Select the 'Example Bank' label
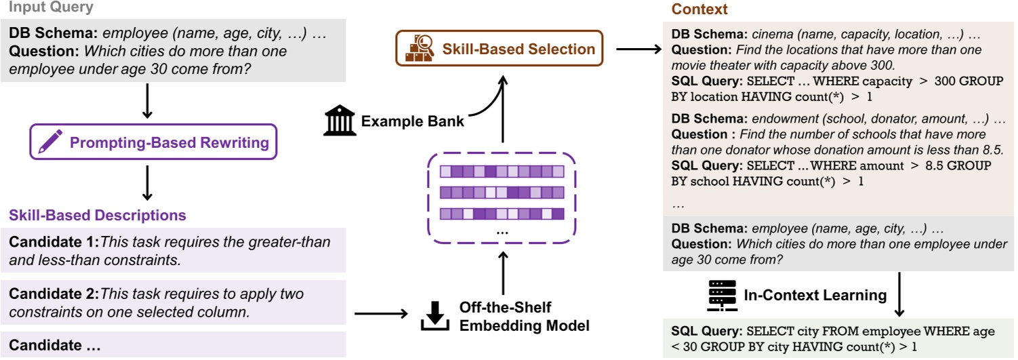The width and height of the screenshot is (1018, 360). coord(412,121)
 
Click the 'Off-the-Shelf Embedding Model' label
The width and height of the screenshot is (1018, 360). coord(524,315)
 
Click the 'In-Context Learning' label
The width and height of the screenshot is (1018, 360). coord(815,295)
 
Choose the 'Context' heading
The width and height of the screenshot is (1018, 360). coord(699,9)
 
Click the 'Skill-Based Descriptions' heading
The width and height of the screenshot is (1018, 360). coord(97,216)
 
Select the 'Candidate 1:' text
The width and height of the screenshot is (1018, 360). coord(54,242)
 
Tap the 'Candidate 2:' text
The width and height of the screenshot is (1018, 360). coord(54,294)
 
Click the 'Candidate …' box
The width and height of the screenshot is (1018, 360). coord(173,345)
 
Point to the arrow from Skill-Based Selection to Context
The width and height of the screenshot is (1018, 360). coord(638,49)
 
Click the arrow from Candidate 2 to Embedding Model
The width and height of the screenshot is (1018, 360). coord(381,313)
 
